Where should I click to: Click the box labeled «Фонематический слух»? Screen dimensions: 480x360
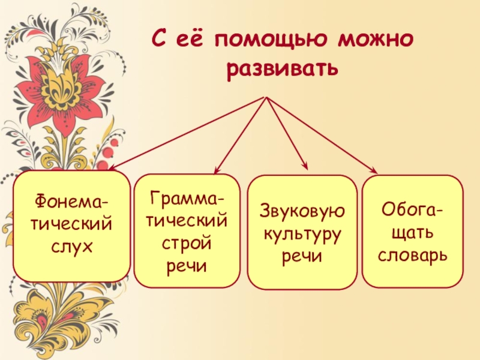tap(71, 226)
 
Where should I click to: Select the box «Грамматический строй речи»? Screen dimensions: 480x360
tap(187, 230)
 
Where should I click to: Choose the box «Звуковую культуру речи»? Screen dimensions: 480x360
tap(302, 230)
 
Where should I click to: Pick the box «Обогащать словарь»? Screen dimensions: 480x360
tap(412, 231)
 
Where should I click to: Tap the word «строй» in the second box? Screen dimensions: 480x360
tap(187, 243)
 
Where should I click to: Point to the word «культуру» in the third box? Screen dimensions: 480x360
tap(302, 233)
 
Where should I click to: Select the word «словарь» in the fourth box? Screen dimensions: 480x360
tap(412, 256)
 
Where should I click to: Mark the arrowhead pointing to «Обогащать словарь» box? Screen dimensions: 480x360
tap(374, 170)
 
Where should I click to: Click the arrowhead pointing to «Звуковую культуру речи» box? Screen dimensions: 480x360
tap(305, 168)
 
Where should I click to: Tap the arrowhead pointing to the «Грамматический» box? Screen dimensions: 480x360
tap(217, 172)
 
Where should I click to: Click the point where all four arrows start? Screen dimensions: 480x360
tap(265, 97)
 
